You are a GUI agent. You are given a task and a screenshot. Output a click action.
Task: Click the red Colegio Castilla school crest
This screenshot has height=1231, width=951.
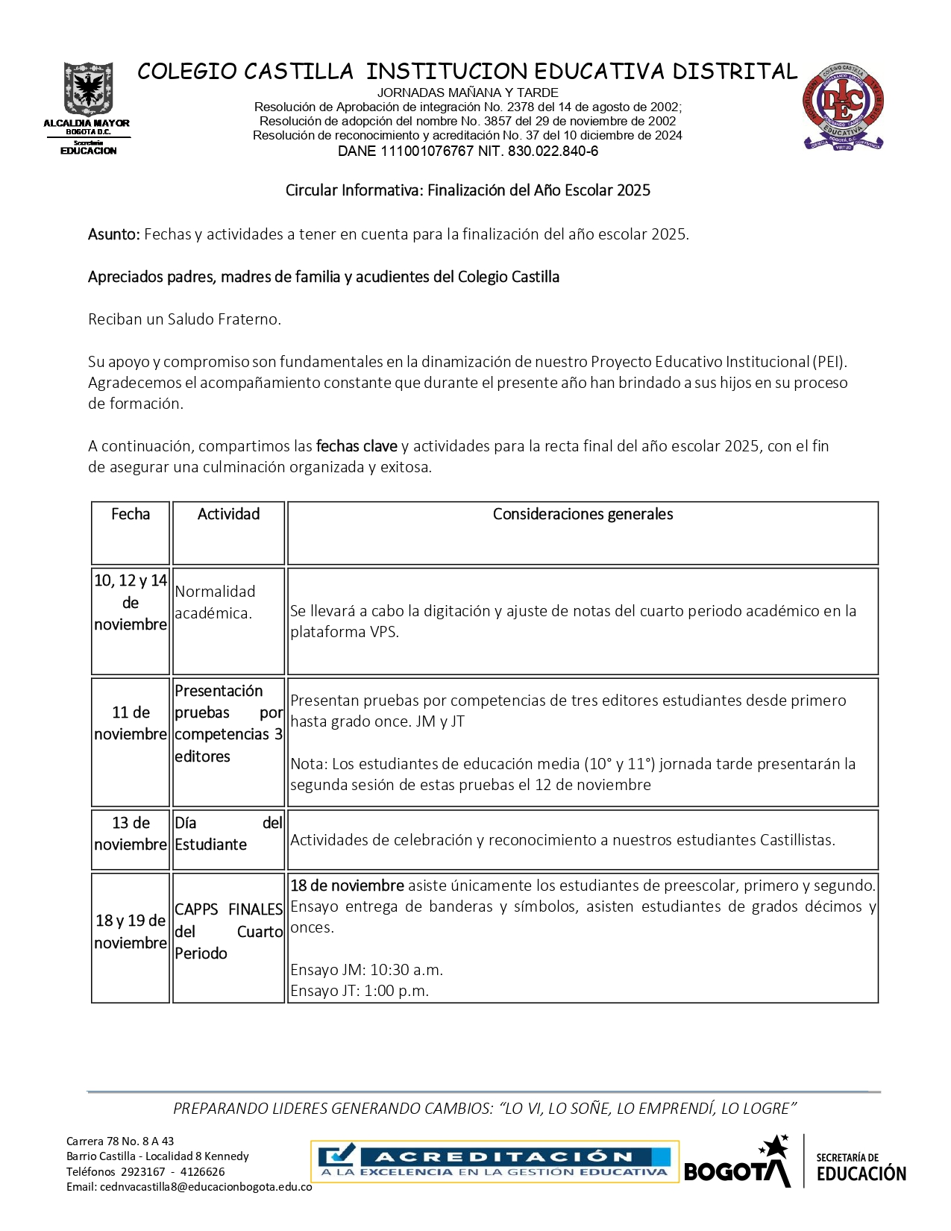click(x=843, y=107)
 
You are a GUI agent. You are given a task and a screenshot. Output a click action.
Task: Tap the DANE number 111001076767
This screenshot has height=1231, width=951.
click(x=427, y=151)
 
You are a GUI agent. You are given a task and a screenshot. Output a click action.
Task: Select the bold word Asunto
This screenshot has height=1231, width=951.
click(x=113, y=234)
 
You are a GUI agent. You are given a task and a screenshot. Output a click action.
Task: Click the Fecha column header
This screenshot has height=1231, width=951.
click(x=131, y=514)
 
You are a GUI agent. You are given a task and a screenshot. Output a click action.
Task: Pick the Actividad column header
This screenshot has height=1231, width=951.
click(x=228, y=514)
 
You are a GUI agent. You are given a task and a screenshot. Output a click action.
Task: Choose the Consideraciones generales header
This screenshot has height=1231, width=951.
click(x=583, y=514)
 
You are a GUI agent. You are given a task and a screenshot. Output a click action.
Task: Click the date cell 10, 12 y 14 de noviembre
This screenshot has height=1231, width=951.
click(x=131, y=602)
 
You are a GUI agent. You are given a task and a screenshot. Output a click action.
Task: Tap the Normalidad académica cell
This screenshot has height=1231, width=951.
click(x=216, y=602)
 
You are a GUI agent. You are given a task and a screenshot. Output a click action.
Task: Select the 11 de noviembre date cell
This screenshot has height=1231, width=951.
click(x=131, y=723)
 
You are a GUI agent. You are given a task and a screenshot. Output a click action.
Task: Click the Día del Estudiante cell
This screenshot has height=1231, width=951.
click(x=228, y=833)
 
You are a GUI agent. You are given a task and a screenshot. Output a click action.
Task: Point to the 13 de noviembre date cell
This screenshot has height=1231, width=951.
click(x=131, y=833)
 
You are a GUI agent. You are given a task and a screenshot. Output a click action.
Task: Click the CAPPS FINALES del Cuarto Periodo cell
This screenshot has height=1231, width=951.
click(x=228, y=931)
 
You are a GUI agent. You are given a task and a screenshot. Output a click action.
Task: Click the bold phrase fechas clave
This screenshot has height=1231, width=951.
click(x=357, y=446)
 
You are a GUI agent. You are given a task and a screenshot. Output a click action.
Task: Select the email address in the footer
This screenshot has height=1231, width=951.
click(x=206, y=1186)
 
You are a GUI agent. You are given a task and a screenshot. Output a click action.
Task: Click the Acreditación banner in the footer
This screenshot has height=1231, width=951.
click(x=495, y=1162)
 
